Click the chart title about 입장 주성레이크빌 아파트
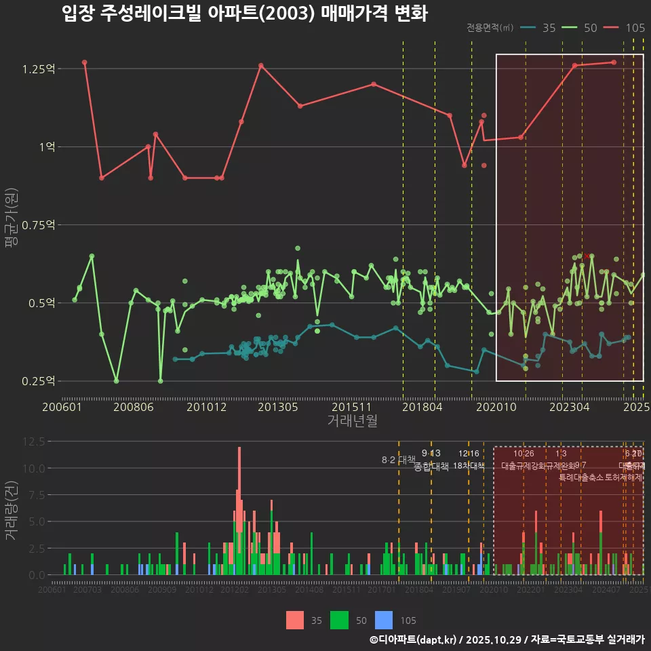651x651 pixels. click(x=244, y=14)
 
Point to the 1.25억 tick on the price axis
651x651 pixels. click(x=39, y=69)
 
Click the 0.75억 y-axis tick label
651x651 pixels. click(x=39, y=225)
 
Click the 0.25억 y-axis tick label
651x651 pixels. click(x=39, y=381)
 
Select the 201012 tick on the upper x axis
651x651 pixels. click(x=206, y=408)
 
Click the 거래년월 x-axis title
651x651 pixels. click(x=353, y=421)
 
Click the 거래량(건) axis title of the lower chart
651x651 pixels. click(x=12, y=510)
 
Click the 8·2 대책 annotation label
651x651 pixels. click(x=399, y=460)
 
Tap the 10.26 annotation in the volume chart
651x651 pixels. click(x=524, y=454)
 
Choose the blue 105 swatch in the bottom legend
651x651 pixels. click(x=384, y=620)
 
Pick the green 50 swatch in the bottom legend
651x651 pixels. click(x=339, y=620)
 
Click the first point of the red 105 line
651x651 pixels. click(x=85, y=62)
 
